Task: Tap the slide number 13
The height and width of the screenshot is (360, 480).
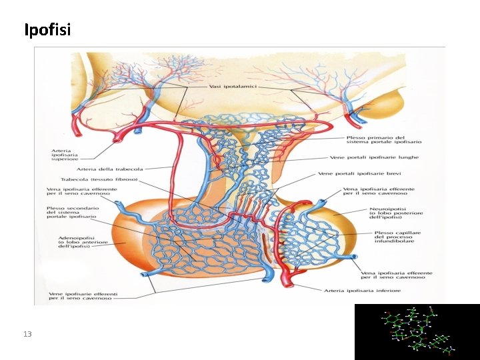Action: pos(27,333)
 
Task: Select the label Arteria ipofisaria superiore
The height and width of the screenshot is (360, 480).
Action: pos(65,155)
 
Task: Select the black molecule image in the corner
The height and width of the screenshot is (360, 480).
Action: pos(417,331)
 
